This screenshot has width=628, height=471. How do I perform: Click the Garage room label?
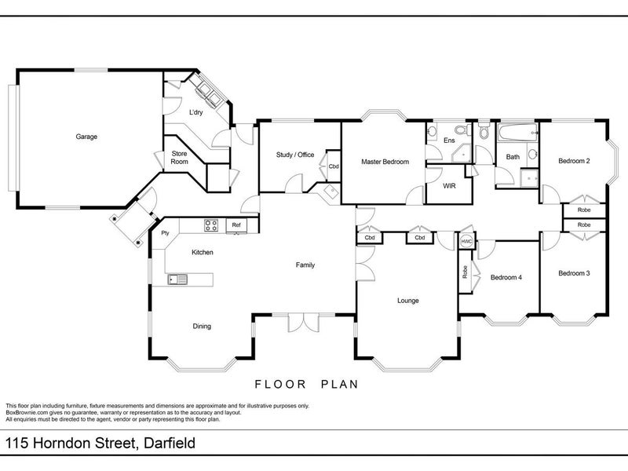[x=86, y=137]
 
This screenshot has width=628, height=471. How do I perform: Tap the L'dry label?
[x=195, y=112]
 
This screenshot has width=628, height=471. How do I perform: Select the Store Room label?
[x=179, y=158]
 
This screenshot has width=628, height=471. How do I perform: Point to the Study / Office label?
[x=295, y=155]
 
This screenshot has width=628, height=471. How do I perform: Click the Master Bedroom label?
[x=385, y=162]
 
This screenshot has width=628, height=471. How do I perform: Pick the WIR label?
[x=449, y=186]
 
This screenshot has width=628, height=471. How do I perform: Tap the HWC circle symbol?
[x=466, y=242]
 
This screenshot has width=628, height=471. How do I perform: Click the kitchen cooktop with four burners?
[x=211, y=225]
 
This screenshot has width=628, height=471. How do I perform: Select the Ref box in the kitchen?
[x=236, y=225]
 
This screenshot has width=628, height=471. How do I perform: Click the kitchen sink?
[x=177, y=279]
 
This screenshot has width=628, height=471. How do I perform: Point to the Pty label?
[x=165, y=233]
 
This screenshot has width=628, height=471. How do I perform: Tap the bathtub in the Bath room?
[x=517, y=132]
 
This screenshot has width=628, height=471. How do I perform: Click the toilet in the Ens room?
[x=464, y=130]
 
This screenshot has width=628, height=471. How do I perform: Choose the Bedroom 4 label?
[x=506, y=277]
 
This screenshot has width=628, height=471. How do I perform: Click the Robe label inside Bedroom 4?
[x=465, y=272]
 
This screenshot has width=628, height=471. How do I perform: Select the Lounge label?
[x=408, y=301]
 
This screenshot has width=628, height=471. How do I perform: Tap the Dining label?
[x=202, y=326]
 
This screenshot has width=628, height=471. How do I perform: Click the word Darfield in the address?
[x=170, y=444]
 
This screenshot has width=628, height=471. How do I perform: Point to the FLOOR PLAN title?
[x=306, y=385]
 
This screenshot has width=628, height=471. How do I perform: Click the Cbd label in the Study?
[x=334, y=166]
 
